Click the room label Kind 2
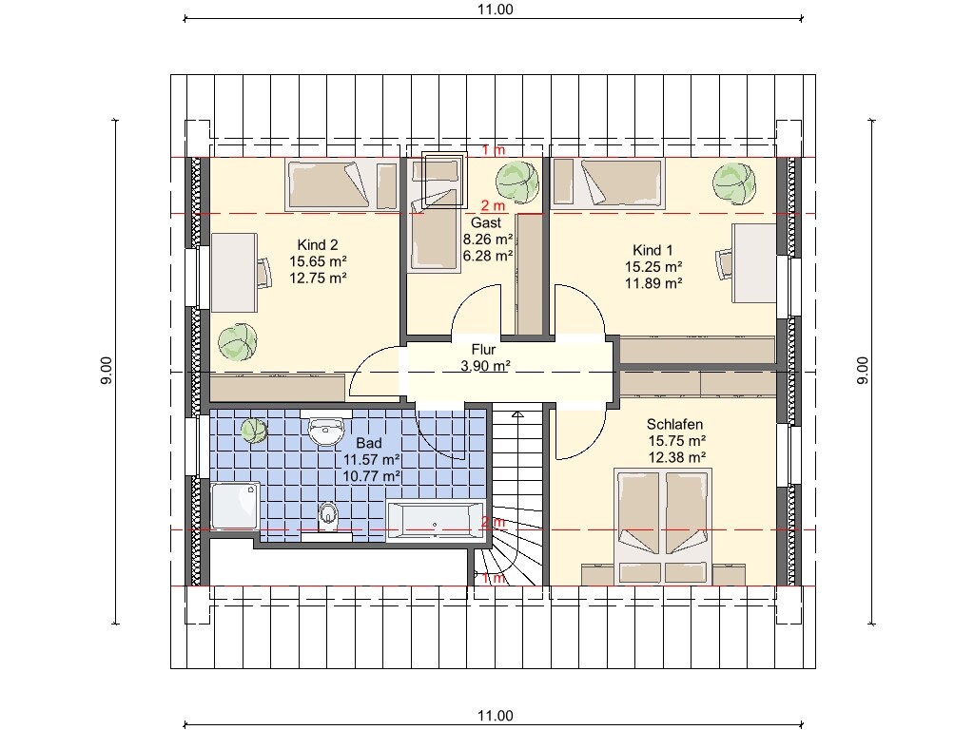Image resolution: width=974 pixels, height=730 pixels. click(318, 244)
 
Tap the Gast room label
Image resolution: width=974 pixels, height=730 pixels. click(486, 222)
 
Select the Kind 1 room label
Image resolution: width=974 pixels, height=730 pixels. click(653, 250)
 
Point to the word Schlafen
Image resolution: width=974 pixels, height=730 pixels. click(674, 424)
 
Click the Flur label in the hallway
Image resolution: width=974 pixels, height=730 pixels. click(483, 349)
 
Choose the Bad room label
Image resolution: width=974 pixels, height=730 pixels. click(369, 443)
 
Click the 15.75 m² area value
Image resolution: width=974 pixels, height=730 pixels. click(677, 441)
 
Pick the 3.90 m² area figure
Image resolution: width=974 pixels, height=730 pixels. click(486, 366)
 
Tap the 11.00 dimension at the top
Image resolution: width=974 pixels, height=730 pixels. click(495, 10)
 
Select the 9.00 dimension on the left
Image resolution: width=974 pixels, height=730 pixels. click(107, 371)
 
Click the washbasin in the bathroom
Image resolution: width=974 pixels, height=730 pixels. click(325, 430)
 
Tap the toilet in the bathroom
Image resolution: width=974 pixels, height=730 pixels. click(328, 516)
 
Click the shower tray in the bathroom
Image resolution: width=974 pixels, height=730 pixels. click(236, 506)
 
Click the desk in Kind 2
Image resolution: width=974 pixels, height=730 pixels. click(234, 273)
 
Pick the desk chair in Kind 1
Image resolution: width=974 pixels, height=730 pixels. click(724, 265)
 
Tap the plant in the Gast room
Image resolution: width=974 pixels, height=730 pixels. click(517, 182)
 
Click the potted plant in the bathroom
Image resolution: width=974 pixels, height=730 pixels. click(253, 431)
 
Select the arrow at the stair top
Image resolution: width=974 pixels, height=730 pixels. click(517, 414)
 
